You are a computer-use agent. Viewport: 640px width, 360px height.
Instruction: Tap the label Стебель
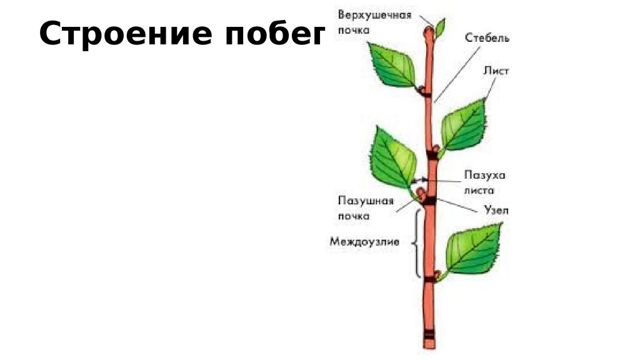pos(487,38)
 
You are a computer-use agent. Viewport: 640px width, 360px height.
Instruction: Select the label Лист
pos(496,71)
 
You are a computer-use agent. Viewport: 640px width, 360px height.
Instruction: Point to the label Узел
pos(496,211)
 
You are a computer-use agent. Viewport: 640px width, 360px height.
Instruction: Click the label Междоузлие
pos(364,241)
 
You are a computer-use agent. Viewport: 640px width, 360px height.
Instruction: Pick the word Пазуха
pos(484,176)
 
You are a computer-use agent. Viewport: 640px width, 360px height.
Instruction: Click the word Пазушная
pos(366,201)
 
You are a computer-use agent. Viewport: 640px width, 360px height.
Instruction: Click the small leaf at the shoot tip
pos(441,27)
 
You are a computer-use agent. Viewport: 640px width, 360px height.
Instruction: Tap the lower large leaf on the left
pos(394,159)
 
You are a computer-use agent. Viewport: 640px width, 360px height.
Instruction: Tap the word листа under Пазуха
pos(483,190)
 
